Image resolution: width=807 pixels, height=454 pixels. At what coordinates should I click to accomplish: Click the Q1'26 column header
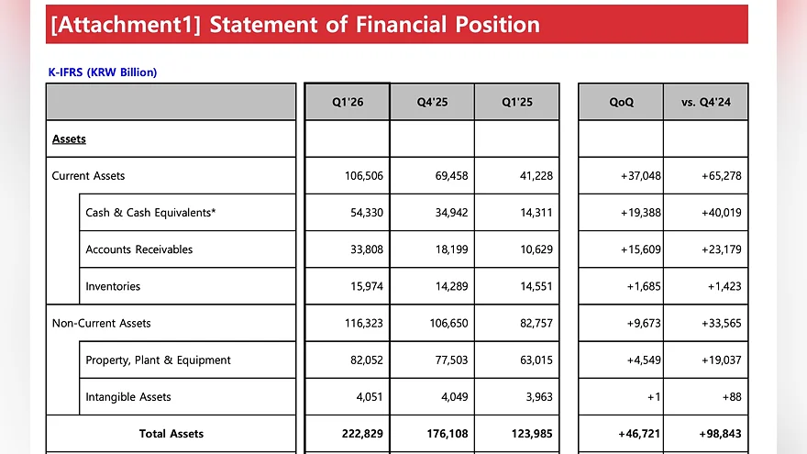coord(348,102)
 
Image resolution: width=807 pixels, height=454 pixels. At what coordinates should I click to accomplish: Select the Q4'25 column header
coord(432,102)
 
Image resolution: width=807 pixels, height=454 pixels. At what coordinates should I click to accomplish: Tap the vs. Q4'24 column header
coord(705,102)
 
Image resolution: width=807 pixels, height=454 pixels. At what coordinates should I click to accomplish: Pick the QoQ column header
coord(621,102)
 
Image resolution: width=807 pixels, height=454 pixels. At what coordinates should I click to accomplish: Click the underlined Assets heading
coord(69,139)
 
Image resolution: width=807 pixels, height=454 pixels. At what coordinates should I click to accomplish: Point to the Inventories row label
coord(113,286)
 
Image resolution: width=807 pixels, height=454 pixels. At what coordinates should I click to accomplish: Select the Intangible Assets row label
coord(128,397)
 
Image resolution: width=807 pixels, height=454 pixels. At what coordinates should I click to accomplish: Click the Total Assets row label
coord(171,434)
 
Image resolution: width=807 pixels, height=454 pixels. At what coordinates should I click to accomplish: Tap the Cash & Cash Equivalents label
coord(150,213)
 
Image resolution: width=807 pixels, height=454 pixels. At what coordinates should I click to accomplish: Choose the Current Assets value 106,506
coord(364,175)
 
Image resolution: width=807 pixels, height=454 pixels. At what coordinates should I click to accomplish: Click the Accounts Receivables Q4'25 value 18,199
coord(451,249)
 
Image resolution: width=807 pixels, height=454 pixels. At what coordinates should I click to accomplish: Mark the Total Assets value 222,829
coord(362,434)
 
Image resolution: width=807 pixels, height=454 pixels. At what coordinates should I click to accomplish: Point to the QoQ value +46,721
coord(638,434)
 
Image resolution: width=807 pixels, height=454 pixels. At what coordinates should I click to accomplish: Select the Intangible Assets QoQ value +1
coord(654,397)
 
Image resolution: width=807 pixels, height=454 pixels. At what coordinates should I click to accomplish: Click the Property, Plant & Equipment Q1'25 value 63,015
coord(536,360)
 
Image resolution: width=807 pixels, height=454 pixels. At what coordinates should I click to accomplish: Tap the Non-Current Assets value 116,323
coord(364,323)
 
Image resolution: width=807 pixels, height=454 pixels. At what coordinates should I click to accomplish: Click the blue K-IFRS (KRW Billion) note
coord(103,72)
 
